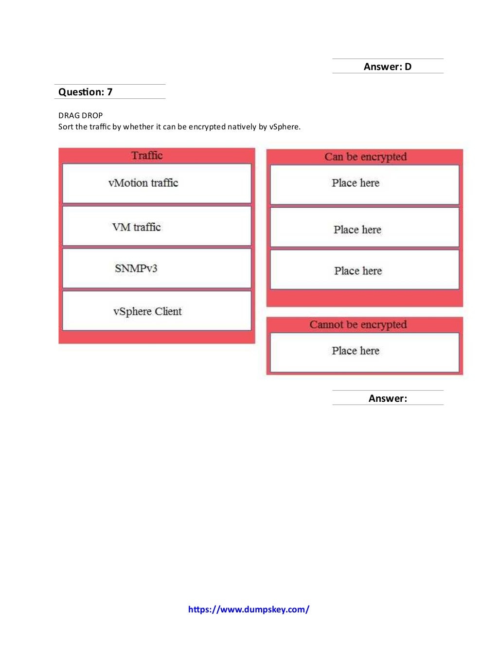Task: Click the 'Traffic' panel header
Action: click(147, 156)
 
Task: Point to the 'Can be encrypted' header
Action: click(365, 157)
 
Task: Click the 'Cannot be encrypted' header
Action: click(358, 324)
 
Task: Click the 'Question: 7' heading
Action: click(86, 92)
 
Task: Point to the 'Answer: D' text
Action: click(387, 67)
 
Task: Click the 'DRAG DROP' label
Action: click(80, 116)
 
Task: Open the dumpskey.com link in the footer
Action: click(249, 609)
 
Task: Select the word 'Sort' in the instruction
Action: click(66, 127)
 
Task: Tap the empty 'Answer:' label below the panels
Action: click(388, 398)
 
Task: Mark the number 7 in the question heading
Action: click(110, 92)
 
